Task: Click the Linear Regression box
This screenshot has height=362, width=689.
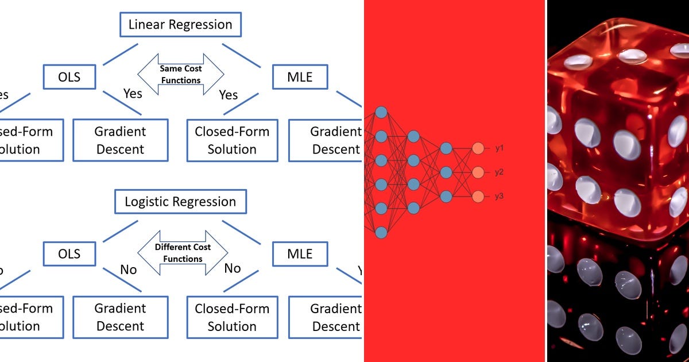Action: tap(180, 25)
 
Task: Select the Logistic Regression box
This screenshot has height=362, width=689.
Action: tap(180, 202)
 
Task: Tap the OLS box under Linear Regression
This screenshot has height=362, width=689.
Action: tap(69, 77)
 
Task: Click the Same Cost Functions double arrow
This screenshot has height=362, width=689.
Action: tap(180, 74)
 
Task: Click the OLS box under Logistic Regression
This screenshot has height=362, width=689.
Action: tap(69, 254)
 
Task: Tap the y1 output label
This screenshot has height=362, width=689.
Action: tap(500, 148)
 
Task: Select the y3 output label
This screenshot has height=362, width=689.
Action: tap(500, 197)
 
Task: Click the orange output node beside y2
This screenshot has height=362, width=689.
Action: tap(478, 172)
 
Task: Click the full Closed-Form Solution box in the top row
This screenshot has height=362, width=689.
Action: tap(232, 140)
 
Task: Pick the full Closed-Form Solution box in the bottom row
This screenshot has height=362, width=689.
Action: tap(232, 317)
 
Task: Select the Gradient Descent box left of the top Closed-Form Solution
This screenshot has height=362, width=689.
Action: tap(121, 140)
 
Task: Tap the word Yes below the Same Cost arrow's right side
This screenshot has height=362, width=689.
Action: tap(228, 95)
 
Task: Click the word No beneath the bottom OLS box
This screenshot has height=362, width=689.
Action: tap(128, 269)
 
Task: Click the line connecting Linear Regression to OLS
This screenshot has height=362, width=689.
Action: tap(121, 54)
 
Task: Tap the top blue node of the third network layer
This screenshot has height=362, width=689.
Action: tap(446, 148)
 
